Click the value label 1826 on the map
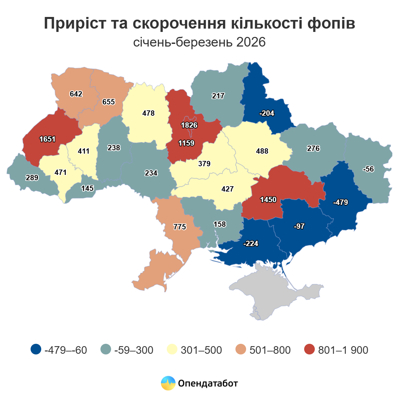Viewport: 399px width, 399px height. point(189,125)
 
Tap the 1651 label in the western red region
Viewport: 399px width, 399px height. point(48,139)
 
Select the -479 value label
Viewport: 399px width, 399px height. point(340,202)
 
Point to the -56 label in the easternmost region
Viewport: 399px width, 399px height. point(368,169)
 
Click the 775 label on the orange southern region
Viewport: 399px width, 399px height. point(180,227)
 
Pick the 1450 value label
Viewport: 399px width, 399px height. point(268,199)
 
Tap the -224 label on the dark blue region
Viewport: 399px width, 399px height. point(251,243)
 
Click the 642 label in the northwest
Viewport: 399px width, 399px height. point(76,94)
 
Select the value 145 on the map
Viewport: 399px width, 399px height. point(87,188)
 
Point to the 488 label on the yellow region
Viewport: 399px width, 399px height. point(262,151)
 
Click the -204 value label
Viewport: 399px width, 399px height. point(267,113)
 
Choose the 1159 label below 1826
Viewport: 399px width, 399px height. point(186,143)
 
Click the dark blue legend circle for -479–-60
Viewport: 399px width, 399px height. point(36,349)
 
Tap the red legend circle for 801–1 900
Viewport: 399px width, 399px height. point(310,349)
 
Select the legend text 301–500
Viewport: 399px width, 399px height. point(201,350)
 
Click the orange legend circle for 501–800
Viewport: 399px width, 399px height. point(241,349)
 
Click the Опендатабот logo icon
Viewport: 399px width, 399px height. point(168,383)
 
